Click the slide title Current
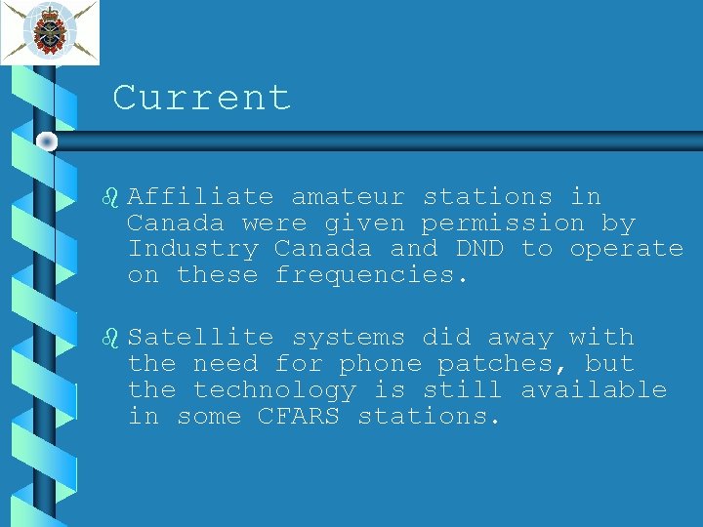(x=201, y=98)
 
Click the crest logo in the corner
(x=49, y=31)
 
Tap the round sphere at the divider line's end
(x=47, y=142)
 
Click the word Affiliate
(x=200, y=196)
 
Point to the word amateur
(x=348, y=196)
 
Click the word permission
(x=503, y=223)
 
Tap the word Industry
(x=192, y=249)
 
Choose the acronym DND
(x=479, y=249)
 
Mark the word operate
(x=626, y=250)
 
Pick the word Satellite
(x=200, y=338)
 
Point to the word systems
(x=348, y=338)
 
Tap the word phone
(x=380, y=364)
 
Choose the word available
(x=593, y=390)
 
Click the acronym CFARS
(x=299, y=417)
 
